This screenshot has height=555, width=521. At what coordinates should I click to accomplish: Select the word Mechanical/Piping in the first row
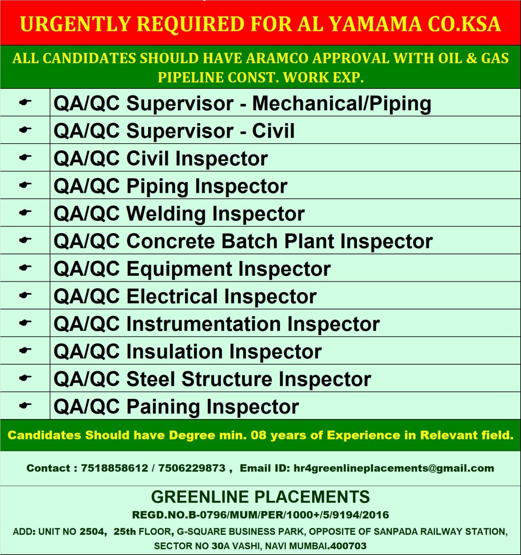point(342,104)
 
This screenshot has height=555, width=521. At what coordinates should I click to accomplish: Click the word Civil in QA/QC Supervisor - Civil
point(273,131)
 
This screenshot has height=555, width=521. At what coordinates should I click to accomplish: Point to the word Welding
point(166,214)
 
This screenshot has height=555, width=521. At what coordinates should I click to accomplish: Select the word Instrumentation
point(203,324)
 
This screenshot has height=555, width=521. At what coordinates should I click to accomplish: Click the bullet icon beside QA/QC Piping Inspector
point(25,185)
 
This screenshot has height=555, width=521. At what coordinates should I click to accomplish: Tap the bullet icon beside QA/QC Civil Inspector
point(25,157)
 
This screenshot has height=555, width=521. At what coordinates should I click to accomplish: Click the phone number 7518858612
point(115,468)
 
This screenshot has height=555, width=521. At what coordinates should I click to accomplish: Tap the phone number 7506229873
point(192,468)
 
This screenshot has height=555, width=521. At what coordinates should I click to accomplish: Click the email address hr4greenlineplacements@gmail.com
point(394,468)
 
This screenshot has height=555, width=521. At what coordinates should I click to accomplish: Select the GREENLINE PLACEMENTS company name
point(260,497)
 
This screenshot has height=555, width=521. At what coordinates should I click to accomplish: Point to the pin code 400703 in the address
point(348,546)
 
